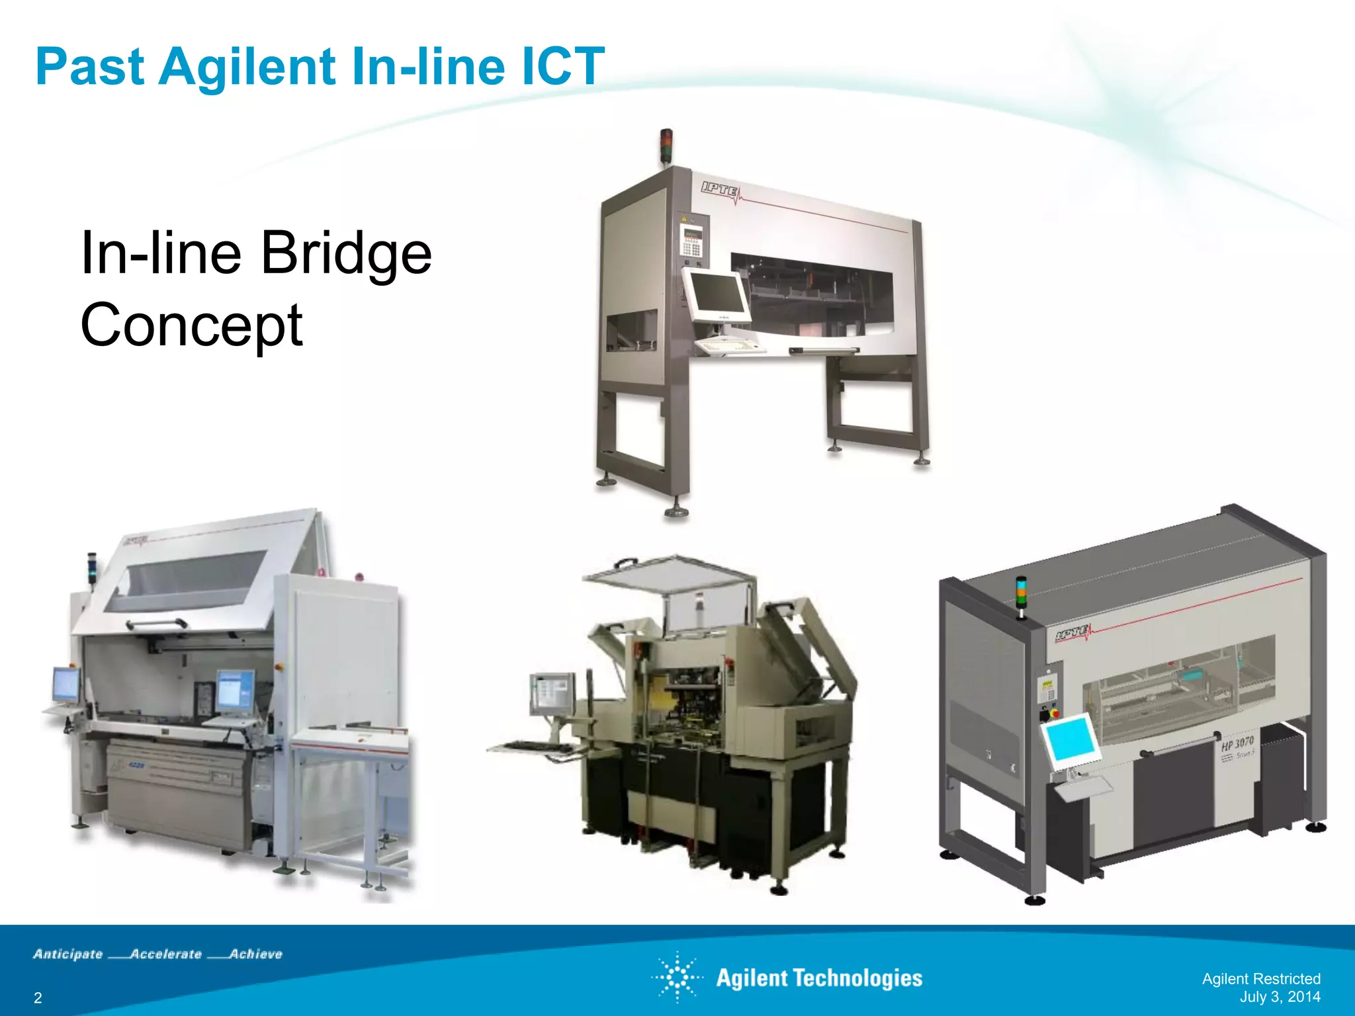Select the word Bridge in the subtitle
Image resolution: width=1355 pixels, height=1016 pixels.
pos(346,253)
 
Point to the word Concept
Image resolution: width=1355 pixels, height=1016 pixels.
pos(191,325)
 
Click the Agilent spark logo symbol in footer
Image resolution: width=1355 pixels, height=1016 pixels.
pos(677,978)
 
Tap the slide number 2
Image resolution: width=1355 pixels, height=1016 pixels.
pos(38,998)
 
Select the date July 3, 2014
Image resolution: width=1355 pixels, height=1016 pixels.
pos(1280,997)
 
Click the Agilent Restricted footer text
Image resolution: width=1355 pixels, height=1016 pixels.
pos(1260,979)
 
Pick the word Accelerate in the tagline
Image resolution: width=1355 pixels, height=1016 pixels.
pos(166,954)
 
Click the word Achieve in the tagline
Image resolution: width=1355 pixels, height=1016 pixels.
pos(256,954)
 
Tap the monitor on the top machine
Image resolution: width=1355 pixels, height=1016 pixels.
pos(716,295)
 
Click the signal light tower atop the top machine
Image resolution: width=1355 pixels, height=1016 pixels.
pos(666,146)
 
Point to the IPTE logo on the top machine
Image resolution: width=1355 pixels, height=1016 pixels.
pos(720,190)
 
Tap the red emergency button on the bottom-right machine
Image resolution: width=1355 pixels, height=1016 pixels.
pos(1054,713)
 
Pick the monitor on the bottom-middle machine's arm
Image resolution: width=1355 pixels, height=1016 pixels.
pos(551,694)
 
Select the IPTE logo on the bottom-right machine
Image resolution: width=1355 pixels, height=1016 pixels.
pos(1072,634)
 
